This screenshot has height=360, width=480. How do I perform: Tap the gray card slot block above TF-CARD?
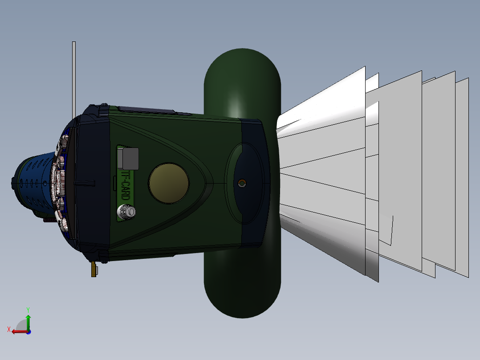pyautogui.click(x=129, y=159)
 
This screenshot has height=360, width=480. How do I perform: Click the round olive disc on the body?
pyautogui.click(x=169, y=183)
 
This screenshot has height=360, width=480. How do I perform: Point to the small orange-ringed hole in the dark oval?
pyautogui.click(x=242, y=183)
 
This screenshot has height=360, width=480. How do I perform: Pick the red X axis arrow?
pyautogui.click(x=18, y=331)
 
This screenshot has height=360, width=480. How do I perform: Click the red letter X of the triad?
pyautogui.click(x=9, y=329)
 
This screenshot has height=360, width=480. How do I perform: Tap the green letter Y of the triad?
pyautogui.click(x=28, y=309)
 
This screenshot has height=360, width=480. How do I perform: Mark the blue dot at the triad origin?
pyautogui.click(x=28, y=331)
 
